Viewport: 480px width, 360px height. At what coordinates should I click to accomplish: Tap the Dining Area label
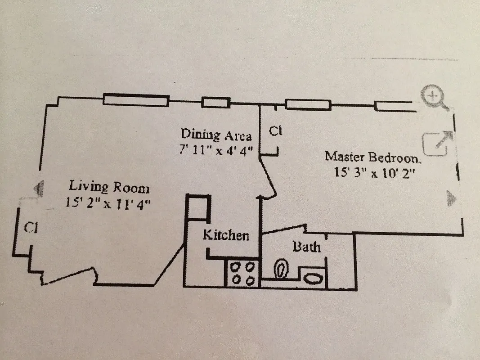coord(216,134)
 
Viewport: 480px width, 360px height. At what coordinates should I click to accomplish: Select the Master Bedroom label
coord(373,157)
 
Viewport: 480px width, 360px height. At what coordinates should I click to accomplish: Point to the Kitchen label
coord(225,235)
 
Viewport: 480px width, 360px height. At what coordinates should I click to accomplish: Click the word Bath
coord(307,247)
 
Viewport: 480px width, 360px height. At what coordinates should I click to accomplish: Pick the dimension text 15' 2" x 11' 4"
coord(108,202)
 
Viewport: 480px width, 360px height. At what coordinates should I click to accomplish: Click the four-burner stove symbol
coord(242,273)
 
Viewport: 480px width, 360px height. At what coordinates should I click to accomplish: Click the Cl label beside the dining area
coord(275,131)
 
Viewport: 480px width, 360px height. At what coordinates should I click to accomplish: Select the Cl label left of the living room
coord(31,228)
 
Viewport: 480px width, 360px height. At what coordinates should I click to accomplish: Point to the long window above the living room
coord(136,100)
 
